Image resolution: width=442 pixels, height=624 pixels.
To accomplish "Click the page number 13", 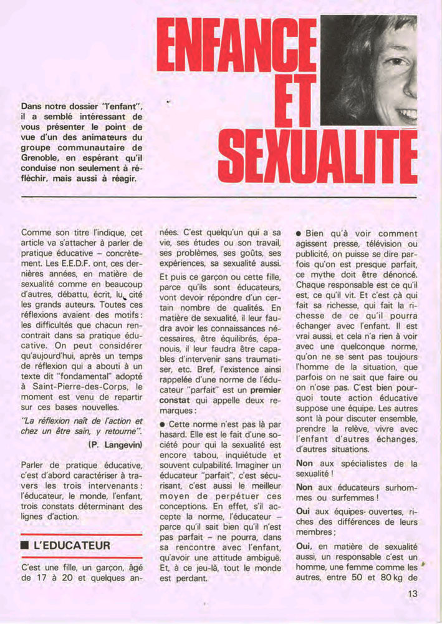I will [412, 594].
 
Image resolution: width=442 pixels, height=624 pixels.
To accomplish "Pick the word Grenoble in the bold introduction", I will [41, 158].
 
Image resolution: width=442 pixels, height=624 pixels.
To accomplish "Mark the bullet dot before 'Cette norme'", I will [163, 424].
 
